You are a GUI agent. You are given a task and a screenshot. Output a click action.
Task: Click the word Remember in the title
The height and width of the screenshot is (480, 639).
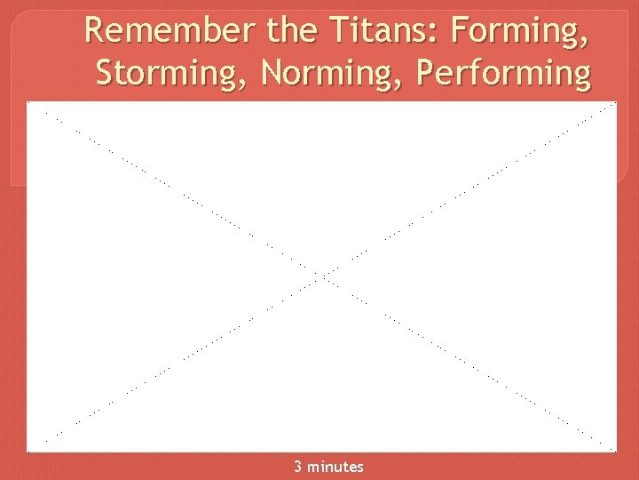pyautogui.click(x=170, y=32)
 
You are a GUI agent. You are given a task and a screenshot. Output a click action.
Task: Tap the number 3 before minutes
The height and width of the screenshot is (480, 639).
pyautogui.click(x=298, y=467)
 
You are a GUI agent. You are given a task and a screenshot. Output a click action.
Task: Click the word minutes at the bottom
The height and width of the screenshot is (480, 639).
pyautogui.click(x=335, y=467)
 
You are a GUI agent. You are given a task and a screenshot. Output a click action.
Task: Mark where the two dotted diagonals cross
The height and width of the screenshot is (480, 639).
pyautogui.click(x=322, y=276)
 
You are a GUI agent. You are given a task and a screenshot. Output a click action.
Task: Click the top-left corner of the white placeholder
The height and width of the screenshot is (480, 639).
pyautogui.click(x=28, y=103)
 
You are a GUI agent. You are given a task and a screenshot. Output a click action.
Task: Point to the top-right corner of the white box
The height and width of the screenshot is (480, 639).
pyautogui.click(x=616, y=103)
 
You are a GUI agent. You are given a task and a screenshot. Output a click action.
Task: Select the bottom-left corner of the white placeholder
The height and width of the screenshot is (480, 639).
pyautogui.click(x=28, y=451)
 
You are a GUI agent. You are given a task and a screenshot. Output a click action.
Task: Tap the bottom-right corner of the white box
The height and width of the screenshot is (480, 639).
pyautogui.click(x=616, y=451)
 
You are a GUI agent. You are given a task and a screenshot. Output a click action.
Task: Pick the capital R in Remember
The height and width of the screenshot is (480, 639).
pyautogui.click(x=95, y=32)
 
